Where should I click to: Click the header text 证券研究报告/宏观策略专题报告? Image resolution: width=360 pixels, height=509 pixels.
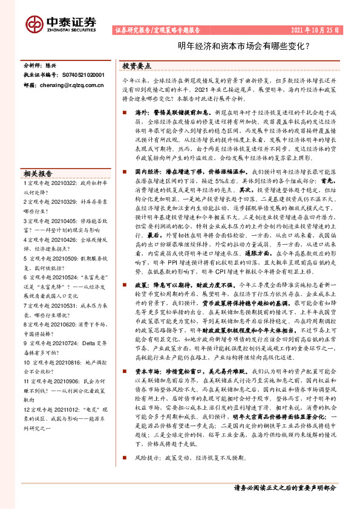157,30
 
